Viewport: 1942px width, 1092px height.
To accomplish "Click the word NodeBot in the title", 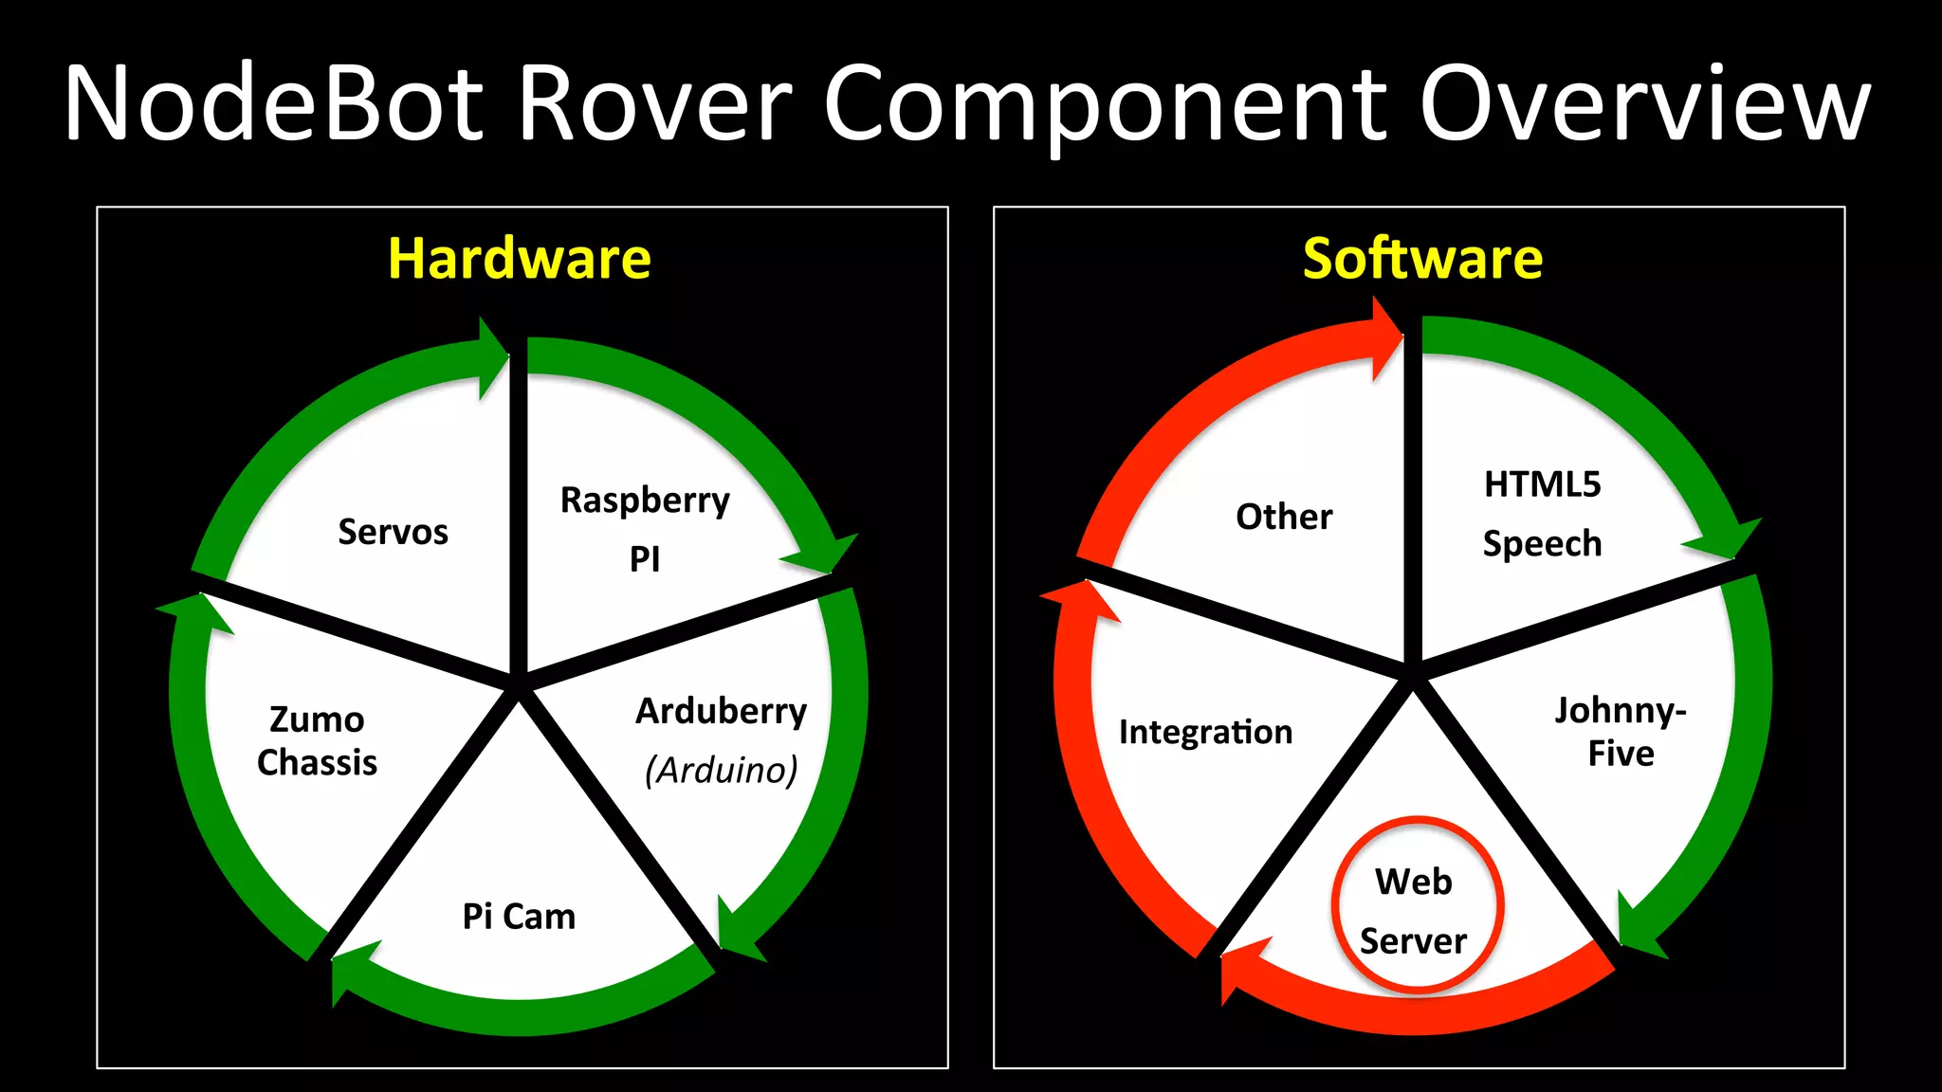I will tap(275, 104).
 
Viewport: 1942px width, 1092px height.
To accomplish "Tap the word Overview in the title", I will tap(1645, 104).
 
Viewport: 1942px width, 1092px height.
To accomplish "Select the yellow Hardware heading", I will tap(520, 259).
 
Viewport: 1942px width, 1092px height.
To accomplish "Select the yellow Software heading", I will tap(1422, 259).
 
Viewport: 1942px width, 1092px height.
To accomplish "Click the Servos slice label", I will tap(393, 532).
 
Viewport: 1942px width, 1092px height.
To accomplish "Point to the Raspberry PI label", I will tap(645, 528).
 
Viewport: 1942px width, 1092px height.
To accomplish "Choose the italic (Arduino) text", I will tap(721, 770).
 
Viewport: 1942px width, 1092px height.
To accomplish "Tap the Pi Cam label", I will tap(519, 917).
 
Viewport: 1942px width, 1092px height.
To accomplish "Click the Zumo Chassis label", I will tap(317, 740).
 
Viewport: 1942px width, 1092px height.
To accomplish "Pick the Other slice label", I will tap(1284, 517).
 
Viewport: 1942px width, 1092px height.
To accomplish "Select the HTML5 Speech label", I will tap(1542, 513).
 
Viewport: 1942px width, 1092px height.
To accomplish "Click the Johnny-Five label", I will tap(1621, 731).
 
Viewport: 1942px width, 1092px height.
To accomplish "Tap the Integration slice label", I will tap(1205, 732).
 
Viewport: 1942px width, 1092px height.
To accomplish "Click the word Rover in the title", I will tap(654, 104).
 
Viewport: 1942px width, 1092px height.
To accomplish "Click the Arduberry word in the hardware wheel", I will tap(721, 711).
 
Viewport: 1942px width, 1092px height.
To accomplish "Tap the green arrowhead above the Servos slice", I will tap(492, 357).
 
